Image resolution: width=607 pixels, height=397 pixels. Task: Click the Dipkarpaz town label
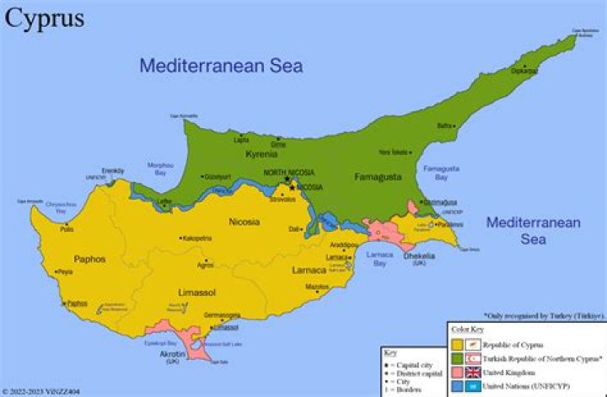[523, 72]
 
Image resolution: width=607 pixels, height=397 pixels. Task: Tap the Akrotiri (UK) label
[173, 357]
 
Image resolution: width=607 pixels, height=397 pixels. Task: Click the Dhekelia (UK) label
[419, 259]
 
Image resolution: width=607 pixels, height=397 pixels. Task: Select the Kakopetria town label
[197, 239]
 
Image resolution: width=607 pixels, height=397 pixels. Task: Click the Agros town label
[206, 265]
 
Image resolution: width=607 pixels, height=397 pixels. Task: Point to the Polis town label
[67, 228]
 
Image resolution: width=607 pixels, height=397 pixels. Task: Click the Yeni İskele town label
[394, 152]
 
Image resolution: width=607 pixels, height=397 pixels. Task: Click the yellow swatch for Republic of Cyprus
[457, 344]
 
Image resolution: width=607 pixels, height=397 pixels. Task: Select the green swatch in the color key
[457, 357]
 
